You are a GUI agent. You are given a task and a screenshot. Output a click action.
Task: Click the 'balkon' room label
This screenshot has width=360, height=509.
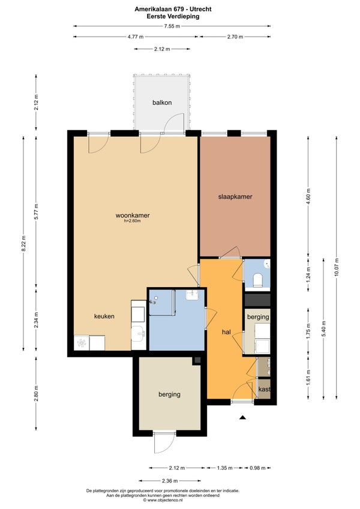pos(162,103)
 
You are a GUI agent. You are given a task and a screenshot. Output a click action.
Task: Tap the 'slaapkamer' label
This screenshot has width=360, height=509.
pos(235,197)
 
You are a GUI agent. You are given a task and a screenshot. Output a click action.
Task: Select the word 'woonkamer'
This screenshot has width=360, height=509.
pos(133,215)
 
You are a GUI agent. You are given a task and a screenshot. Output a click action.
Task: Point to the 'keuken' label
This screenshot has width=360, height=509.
pos(104,316)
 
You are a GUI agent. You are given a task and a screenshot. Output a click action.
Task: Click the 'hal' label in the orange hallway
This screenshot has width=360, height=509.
pos(226,332)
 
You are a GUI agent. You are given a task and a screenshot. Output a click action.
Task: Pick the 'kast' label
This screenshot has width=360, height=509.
pos(264,389)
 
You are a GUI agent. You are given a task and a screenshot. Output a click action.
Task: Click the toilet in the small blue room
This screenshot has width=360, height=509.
pos(258,280)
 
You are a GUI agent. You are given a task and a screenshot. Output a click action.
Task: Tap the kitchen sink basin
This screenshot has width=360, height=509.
pos(139,333)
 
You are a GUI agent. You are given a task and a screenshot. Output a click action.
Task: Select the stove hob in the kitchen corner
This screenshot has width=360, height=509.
pos(82,343)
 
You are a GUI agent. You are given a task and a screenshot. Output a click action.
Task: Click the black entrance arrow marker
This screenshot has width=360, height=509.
pos(242,417)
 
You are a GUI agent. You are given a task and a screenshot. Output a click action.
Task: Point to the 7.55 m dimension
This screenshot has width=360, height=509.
pos(172,26)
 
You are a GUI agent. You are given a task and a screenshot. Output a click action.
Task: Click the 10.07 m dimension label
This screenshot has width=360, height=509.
pos(337,267)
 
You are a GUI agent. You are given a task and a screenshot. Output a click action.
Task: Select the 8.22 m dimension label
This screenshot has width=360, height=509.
pos(23,243)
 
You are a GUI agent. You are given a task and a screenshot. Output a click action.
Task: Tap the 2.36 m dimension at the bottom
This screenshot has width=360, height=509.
pos(170,481)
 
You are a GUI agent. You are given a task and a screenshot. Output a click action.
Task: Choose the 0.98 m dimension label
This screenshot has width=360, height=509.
pos(257,468)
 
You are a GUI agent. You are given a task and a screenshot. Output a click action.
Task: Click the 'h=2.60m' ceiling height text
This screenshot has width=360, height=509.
pos(133,221)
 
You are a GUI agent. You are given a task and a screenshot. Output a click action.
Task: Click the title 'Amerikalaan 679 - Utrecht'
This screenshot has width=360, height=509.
pos(173,9)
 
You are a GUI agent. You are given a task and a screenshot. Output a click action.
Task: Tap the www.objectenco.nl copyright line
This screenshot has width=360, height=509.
pos(163,500)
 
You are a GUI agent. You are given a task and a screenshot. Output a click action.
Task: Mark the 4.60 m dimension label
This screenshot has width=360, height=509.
pos(308,196)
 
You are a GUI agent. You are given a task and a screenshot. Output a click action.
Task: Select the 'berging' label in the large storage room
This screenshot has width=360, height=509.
pos(169,394)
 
